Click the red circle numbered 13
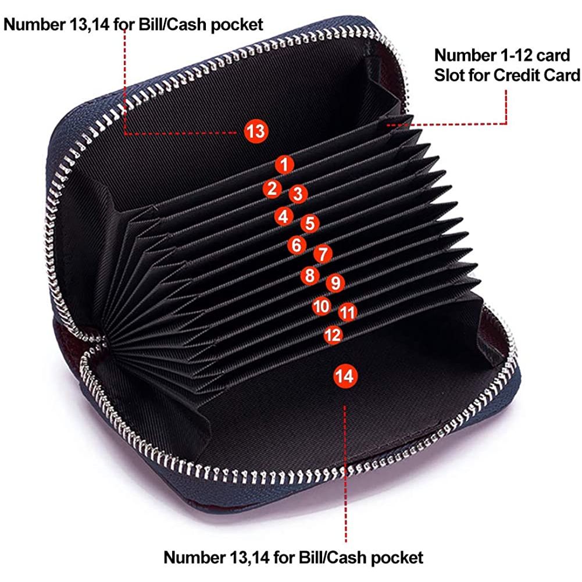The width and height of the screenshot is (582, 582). click(x=256, y=131)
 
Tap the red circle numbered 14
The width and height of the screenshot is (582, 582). click(x=345, y=376)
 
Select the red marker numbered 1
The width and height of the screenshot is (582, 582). click(x=284, y=165)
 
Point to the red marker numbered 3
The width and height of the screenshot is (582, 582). click(x=298, y=194)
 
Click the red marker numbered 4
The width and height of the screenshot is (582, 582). click(x=284, y=216)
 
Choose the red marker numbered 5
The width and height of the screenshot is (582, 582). click(x=310, y=223)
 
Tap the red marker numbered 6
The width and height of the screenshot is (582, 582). click(x=297, y=245)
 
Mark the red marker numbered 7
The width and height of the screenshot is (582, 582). click(x=323, y=254)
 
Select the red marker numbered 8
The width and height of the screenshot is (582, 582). click(x=310, y=276)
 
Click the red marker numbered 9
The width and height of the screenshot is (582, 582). click(x=335, y=283)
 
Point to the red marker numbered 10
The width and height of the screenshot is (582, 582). click(x=322, y=306)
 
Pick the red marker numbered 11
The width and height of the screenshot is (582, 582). click(x=348, y=312)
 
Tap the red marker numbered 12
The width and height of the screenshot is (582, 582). click(x=333, y=335)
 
